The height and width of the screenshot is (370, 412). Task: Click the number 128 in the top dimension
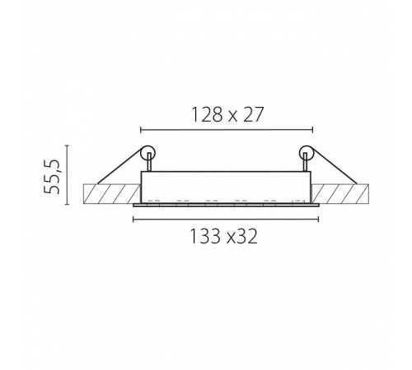pos(207,114)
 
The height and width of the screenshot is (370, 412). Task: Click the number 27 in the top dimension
pos(253,114)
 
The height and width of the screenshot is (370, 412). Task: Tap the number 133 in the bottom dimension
pos(205,236)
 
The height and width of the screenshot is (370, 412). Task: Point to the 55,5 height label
pos(52,176)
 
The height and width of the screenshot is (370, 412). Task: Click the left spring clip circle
pos(147,153)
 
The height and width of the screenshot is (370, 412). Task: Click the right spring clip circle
pos(307,153)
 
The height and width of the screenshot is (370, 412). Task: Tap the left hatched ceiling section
pos(111,194)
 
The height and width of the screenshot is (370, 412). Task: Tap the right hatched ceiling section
pos(340,194)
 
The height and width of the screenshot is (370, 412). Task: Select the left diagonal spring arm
pos(120,165)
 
